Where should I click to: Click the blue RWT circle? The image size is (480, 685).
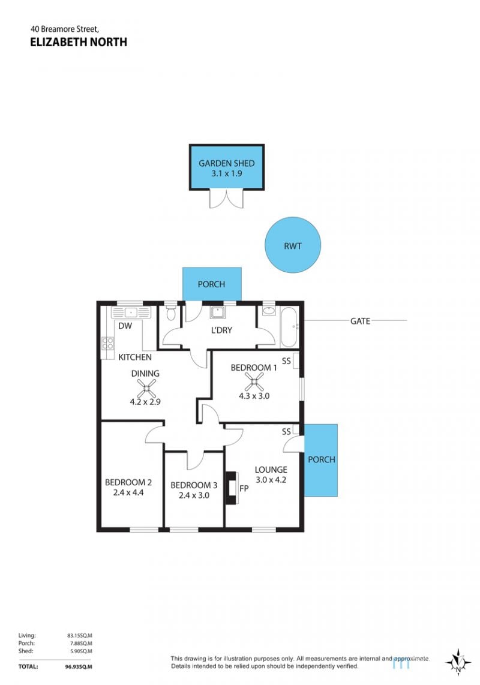tap(292, 245)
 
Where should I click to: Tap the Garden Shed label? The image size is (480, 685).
tap(226, 163)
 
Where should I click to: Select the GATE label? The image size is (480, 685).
tap(360, 321)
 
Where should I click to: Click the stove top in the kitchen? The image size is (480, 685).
tap(107, 343)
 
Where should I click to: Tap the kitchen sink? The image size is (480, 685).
tap(131, 313)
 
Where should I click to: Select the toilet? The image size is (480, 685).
tap(171, 313)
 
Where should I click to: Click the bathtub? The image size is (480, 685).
tap(289, 327)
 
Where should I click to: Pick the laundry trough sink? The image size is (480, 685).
tap(217, 313)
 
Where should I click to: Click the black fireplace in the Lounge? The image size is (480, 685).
tap(230, 488)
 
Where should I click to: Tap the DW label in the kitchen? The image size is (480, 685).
tap(125, 326)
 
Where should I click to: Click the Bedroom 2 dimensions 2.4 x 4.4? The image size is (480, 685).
tap(128, 492)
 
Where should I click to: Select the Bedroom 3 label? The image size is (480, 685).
tap(194, 485)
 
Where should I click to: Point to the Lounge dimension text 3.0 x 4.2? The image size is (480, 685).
tap(271, 480)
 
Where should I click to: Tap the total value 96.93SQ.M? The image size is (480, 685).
tap(76, 666)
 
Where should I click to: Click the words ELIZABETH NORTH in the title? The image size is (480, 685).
tap(79, 42)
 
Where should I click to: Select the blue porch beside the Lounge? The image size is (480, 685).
tap(321, 460)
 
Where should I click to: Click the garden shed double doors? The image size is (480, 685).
tap(226, 199)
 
